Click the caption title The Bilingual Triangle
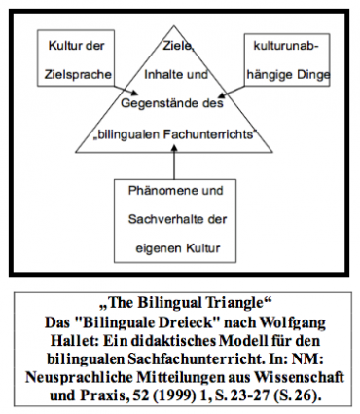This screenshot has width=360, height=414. [x=181, y=301]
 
